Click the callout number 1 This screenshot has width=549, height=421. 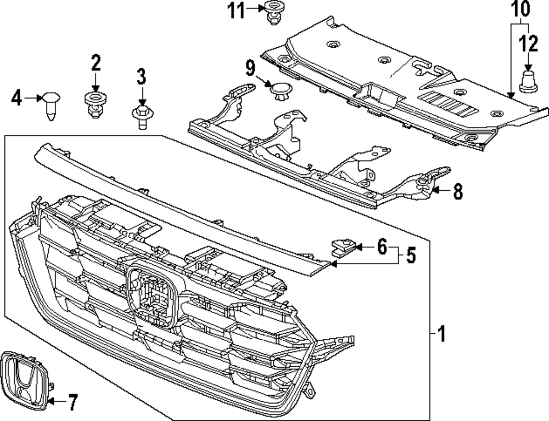coord(442,333)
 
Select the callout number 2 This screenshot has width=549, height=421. coord(96,64)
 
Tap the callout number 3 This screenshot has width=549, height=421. coord(141,77)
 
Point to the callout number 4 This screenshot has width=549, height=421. coord(16,99)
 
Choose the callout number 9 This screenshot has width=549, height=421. coord(250,69)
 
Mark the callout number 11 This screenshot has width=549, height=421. coord(237,10)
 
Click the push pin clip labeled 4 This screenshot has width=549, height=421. coord(51,105)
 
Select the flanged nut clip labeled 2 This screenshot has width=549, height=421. coord(96,104)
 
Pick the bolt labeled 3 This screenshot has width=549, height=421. coord(141,117)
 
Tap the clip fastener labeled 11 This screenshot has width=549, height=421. coord(272,12)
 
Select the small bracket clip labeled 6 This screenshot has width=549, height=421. coord(343,247)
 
